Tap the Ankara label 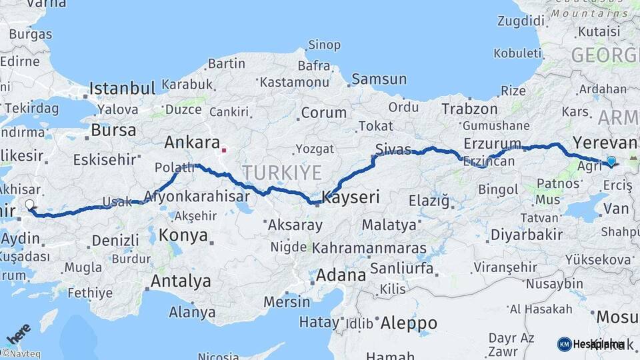click(x=192, y=143)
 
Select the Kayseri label click(x=351, y=197)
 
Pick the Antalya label click(x=180, y=281)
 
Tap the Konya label click(x=183, y=235)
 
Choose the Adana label click(x=341, y=275)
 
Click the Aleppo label click(x=409, y=323)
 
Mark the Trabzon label click(x=469, y=109)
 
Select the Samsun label click(x=379, y=79)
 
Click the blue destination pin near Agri click(x=611, y=161)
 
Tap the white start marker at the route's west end click(x=29, y=205)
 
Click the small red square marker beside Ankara click(x=225, y=150)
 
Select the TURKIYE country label click(x=282, y=173)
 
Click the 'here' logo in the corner click(x=19, y=333)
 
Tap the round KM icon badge click(x=564, y=344)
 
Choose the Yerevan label click(x=605, y=143)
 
